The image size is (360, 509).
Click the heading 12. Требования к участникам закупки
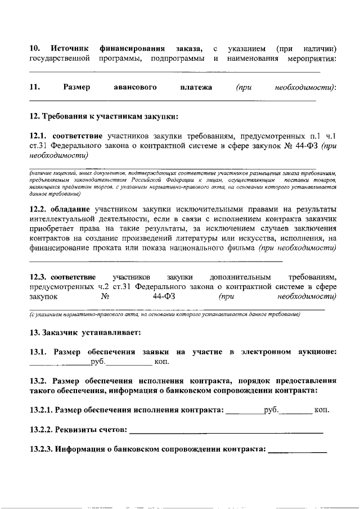pos(104,117)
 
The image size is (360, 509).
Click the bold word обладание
pos(71,208)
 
